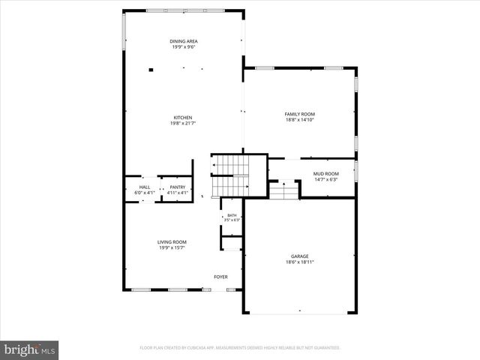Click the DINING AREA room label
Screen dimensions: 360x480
[183, 41]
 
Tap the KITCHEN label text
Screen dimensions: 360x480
[183, 117]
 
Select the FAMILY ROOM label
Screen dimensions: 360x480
[299, 114]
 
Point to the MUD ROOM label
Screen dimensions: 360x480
[325, 174]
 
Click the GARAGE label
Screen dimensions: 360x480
[299, 256]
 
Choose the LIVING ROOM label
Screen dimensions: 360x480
[172, 241]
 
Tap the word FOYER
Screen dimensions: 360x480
[220, 277]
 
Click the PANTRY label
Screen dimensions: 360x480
[177, 187]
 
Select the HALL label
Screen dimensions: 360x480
[144, 187]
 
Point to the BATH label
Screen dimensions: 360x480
[232, 216]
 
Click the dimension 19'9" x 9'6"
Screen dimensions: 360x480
[183, 47]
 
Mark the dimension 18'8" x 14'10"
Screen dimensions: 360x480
[299, 120]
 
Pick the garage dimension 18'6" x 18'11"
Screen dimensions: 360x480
[299, 262]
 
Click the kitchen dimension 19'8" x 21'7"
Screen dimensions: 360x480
[183, 123]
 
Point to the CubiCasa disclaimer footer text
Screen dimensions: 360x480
[240, 348]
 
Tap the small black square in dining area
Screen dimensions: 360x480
[151, 70]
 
